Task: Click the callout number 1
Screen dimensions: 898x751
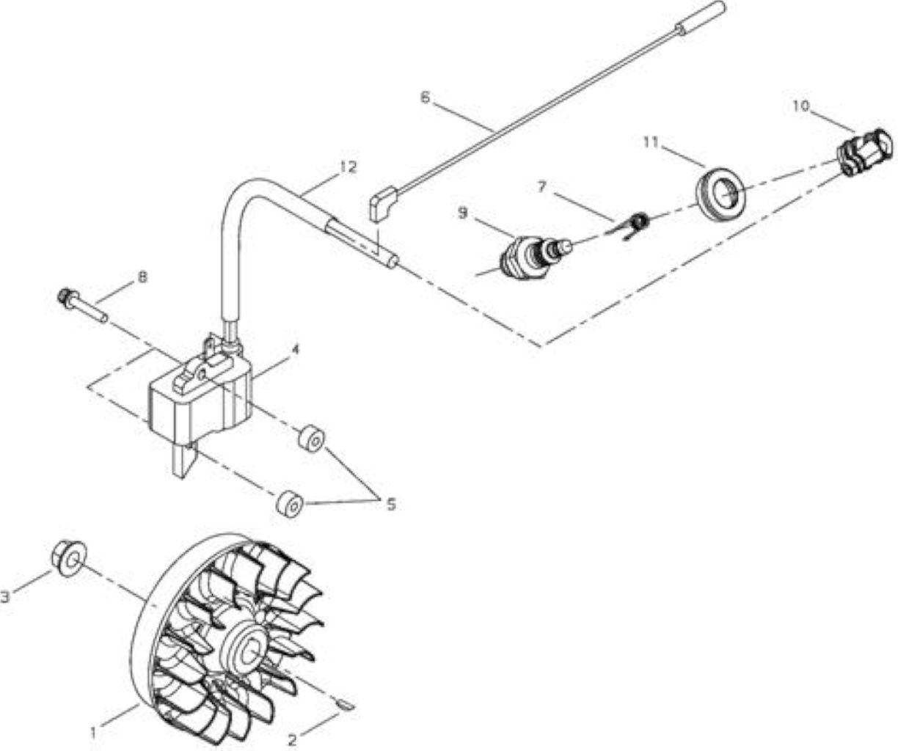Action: coord(93,733)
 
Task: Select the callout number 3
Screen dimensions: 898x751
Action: coord(6,597)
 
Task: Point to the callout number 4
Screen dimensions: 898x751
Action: coord(295,351)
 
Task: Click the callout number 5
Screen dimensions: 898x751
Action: coord(391,504)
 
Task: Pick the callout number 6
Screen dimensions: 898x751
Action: coord(425,98)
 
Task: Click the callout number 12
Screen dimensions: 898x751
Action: coord(348,166)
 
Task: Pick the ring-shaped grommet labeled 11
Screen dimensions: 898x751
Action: coord(720,189)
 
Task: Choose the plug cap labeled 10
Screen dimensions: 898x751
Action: coord(864,153)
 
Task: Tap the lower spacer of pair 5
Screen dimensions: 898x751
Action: coord(290,503)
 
